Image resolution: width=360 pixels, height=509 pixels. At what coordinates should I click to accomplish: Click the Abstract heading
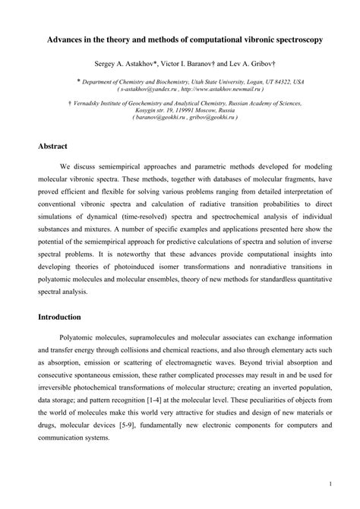(x=54, y=146)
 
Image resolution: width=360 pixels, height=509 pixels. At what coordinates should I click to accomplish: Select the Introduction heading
(x=63, y=318)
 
